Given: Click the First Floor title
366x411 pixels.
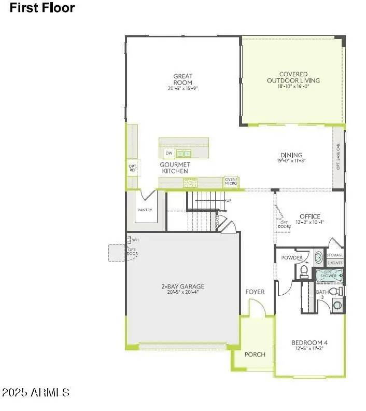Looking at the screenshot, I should (42, 8).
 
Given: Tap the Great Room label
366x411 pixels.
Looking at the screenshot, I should (183, 79).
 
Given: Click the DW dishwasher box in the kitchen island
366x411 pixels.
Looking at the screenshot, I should (168, 153).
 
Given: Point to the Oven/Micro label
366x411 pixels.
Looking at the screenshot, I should (231, 181).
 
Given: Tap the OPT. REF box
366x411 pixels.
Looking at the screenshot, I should (132, 168).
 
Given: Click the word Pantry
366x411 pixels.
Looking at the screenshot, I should (145, 210).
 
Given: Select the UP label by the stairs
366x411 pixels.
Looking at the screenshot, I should (229, 200).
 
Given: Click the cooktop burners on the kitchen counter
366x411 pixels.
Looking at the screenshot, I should (190, 182).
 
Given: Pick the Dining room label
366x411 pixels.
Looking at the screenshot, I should (291, 155).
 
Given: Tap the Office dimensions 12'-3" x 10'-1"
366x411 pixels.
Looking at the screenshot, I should (310, 223).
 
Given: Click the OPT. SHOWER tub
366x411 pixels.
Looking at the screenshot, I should (329, 275).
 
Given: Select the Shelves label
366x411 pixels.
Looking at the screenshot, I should (335, 263).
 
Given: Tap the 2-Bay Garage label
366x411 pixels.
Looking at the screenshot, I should (182, 286).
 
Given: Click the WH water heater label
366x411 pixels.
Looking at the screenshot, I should (135, 240).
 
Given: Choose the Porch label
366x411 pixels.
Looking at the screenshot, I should (255, 354).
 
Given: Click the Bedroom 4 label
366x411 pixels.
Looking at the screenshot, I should (309, 343).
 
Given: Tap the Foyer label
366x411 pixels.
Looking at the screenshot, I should (255, 292).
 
